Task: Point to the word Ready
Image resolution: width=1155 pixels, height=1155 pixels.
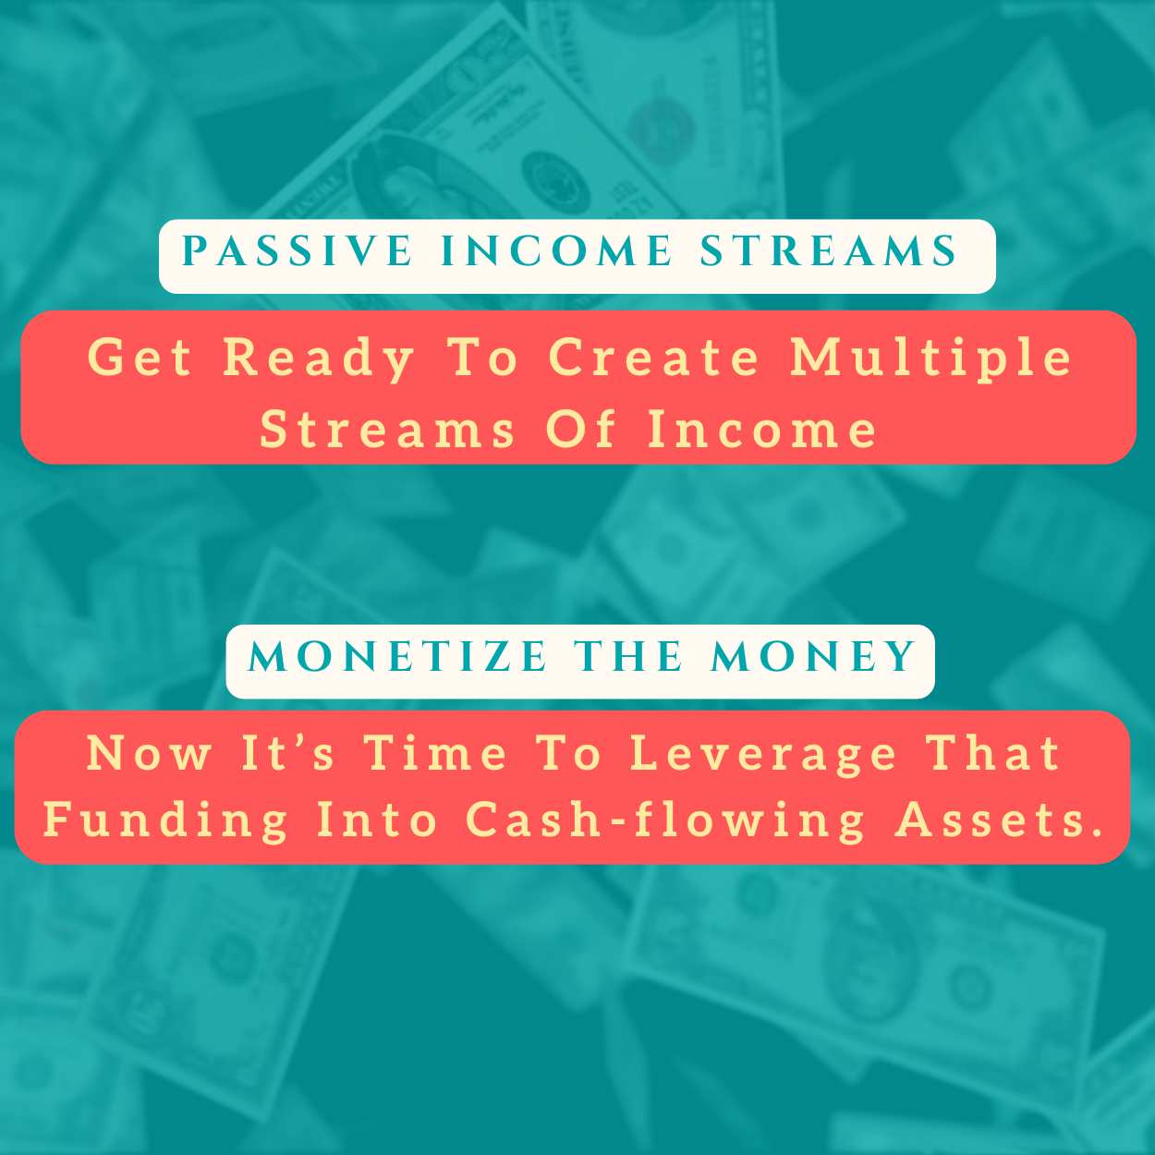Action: click(319, 358)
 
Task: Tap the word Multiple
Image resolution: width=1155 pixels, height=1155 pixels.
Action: click(930, 358)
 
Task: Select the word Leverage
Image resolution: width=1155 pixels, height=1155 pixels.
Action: click(763, 755)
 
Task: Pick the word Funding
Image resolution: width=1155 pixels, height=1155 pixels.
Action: click(165, 821)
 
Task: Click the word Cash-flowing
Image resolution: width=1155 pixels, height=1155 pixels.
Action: click(665, 821)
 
